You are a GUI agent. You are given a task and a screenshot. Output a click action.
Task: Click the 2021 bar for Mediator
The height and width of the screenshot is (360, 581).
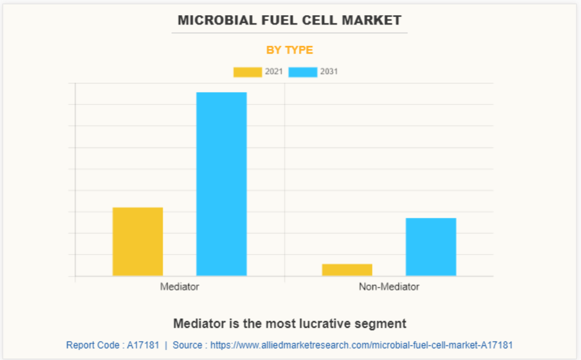pyautogui.click(x=138, y=241)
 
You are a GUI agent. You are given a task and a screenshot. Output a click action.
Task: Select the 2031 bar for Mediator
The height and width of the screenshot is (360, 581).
pyautogui.click(x=221, y=183)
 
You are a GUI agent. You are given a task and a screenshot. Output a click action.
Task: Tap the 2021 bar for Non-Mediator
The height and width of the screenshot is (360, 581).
pyautogui.click(x=347, y=270)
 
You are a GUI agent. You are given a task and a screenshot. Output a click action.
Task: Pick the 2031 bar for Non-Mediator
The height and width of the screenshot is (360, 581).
pyautogui.click(x=431, y=246)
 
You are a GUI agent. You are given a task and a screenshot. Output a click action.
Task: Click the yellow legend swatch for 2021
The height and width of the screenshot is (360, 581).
pyautogui.click(x=247, y=72)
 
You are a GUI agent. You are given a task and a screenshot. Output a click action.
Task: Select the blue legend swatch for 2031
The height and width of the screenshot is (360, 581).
pyautogui.click(x=303, y=72)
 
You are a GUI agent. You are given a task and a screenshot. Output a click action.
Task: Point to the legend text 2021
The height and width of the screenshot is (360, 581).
pyautogui.click(x=274, y=72)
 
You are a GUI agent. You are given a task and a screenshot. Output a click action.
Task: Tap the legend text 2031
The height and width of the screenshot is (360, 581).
pyautogui.click(x=329, y=72)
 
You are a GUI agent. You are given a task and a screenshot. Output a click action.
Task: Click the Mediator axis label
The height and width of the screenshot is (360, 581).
pyautogui.click(x=179, y=287)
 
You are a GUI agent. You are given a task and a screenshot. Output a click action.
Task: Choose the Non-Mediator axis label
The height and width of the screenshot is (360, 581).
pyautogui.click(x=389, y=287)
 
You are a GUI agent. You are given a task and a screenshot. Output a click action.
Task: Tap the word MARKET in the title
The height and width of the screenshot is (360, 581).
pyautogui.click(x=375, y=20)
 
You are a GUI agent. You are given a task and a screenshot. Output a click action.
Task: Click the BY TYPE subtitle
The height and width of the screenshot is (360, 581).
pyautogui.click(x=290, y=50)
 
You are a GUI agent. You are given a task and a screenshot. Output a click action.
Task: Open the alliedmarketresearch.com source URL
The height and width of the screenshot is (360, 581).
pyautogui.click(x=361, y=345)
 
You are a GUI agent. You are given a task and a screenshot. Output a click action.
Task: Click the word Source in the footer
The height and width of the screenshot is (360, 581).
pyautogui.click(x=188, y=345)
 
